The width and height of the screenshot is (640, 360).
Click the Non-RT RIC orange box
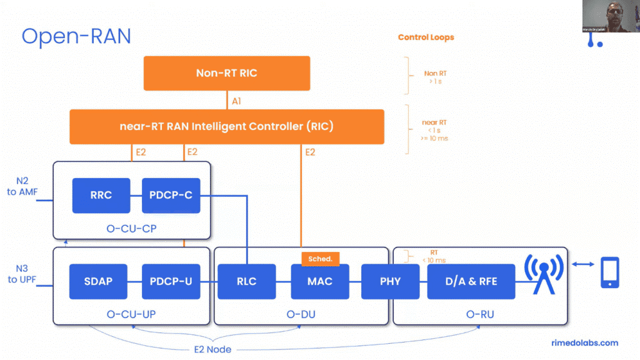227,73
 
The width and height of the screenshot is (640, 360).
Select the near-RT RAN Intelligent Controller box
227,126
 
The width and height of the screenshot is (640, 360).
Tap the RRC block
101,195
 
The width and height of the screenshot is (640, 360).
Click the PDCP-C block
171,195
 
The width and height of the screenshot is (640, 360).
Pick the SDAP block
98,281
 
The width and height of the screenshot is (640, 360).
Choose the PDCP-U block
171,281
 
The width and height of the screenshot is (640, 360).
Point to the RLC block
247,281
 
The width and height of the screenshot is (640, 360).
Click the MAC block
320,281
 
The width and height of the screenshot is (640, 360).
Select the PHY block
390,281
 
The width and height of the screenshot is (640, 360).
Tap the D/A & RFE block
471,281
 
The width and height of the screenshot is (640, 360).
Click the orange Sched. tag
320,259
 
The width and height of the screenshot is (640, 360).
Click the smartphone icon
610,272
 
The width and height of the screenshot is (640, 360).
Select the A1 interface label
237,100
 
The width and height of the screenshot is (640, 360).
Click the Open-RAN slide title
76,36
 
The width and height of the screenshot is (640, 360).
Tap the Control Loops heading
426,37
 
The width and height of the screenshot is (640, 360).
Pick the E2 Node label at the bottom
211,349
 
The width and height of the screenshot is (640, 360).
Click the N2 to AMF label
21,187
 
